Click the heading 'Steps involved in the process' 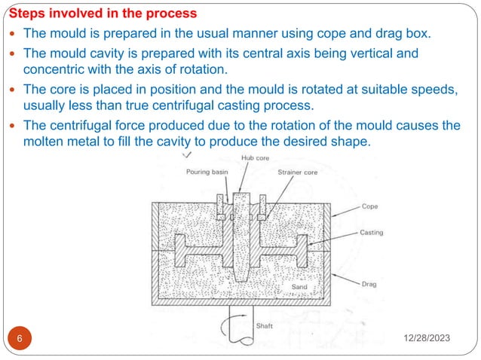103,14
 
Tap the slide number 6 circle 20,340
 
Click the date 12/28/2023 424,341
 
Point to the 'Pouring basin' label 207,172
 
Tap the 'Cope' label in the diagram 369,206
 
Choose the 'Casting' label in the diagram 373,232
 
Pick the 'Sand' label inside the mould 299,288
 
